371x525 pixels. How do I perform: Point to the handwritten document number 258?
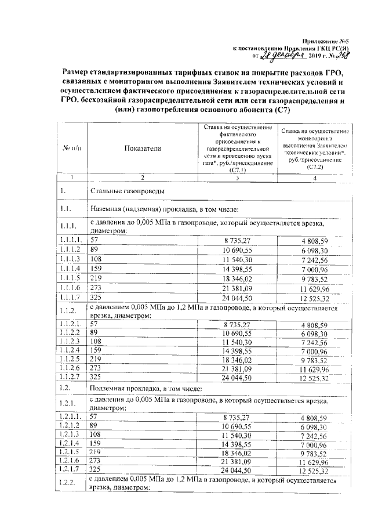[x=337, y=55]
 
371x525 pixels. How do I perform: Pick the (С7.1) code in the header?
[x=238, y=171]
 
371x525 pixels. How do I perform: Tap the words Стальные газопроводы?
[x=128, y=191]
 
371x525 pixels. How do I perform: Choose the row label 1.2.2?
[x=68, y=485]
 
